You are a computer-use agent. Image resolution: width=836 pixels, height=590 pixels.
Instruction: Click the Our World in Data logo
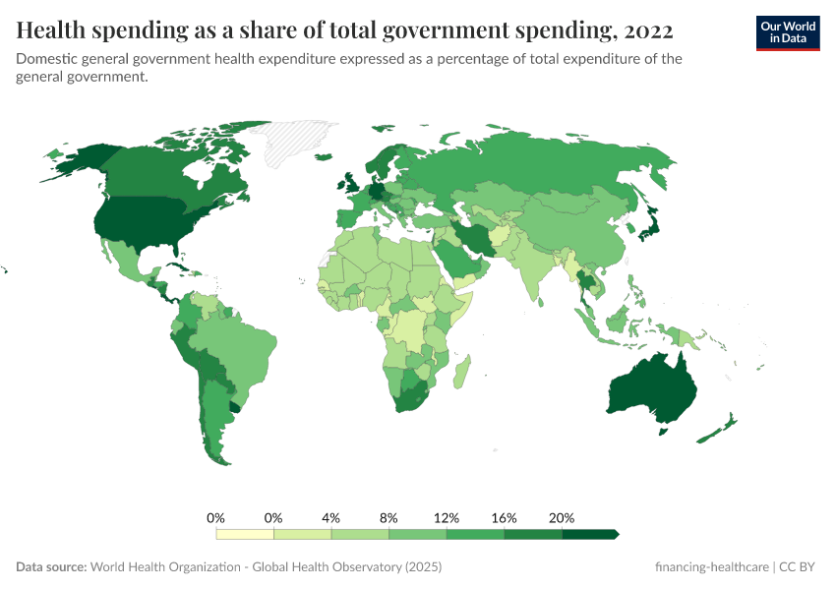click(x=787, y=32)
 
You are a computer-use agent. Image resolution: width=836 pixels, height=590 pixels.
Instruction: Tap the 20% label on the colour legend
click(x=561, y=517)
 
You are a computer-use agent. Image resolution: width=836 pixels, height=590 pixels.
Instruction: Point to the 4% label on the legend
click(x=330, y=517)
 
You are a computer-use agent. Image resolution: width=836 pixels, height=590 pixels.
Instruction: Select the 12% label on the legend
click(x=446, y=517)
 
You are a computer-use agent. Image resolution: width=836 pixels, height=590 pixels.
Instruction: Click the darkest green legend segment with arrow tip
click(x=588, y=534)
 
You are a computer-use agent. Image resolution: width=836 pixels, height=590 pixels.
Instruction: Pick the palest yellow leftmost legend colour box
click(x=244, y=534)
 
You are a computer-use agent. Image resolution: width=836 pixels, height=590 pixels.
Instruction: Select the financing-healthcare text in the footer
click(x=712, y=567)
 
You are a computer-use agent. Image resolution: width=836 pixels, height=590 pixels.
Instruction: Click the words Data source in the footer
click(x=51, y=567)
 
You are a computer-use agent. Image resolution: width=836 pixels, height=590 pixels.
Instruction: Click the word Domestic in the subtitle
click(x=45, y=59)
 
